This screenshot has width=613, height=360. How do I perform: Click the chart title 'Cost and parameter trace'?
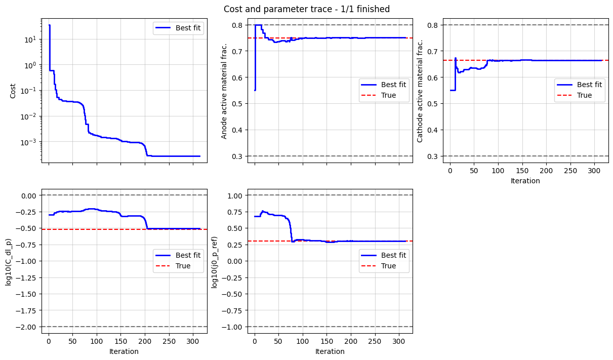pos(307,9)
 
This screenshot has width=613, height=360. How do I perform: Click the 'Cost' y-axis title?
pos(13,91)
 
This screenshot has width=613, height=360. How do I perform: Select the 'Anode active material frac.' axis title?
pos(224,91)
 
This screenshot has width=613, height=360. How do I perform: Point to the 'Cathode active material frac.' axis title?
pos(420,91)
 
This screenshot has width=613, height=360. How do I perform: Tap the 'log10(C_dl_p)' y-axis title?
pos(9,261)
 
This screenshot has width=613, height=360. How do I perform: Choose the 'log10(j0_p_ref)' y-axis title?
pos(215,261)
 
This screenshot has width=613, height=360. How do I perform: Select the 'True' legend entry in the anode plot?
pos(388,95)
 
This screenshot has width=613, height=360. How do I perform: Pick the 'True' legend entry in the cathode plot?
pos(584,95)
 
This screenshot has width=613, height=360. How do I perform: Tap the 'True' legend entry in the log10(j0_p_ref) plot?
pos(388,266)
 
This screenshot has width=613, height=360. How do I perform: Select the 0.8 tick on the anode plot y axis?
pos(238,25)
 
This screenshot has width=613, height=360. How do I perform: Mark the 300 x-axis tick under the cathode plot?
pos(594,172)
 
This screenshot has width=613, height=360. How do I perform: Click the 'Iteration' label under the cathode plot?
pos(525,181)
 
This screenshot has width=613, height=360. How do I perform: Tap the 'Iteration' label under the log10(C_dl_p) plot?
pos(124,351)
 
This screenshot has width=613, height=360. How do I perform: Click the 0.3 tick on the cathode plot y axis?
pos(434,156)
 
